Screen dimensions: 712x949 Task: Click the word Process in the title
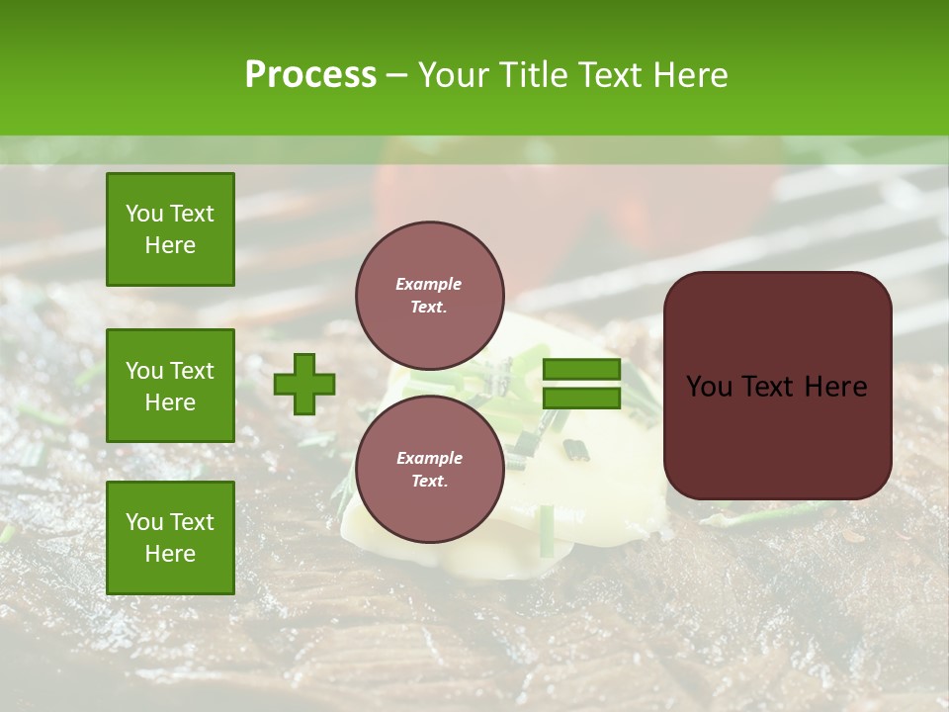point(310,75)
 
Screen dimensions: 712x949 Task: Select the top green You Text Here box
point(170,229)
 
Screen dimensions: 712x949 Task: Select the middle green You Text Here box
point(170,386)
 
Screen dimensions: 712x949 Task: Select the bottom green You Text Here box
point(170,538)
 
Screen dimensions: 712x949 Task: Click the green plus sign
point(304,384)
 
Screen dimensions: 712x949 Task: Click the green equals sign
point(581,384)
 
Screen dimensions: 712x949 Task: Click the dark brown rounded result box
point(777,386)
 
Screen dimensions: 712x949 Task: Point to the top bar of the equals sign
point(581,370)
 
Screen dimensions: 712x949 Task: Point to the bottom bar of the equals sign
point(581,399)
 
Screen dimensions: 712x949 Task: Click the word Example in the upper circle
point(429,284)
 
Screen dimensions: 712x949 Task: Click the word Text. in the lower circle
point(429,482)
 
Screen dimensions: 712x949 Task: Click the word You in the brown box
point(709,387)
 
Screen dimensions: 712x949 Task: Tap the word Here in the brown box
point(834,387)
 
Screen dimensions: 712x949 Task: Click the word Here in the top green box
point(170,245)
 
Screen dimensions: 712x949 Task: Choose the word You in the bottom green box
point(144,522)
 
